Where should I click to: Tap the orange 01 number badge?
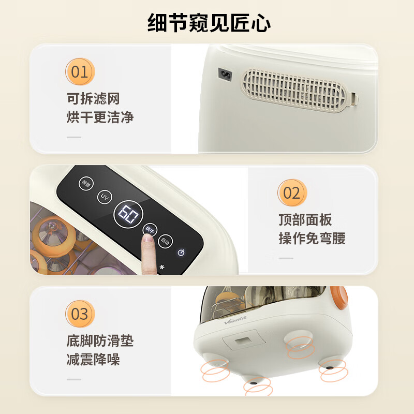(x=80, y=71)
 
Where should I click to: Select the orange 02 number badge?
(x=292, y=193)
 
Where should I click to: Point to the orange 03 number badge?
(x=80, y=314)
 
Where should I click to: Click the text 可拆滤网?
(x=93, y=98)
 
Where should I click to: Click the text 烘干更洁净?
(x=100, y=117)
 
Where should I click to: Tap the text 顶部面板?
(x=305, y=220)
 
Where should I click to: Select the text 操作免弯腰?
(x=312, y=239)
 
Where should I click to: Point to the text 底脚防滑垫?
(x=100, y=341)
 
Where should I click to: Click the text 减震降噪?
(x=93, y=360)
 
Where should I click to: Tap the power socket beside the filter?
(x=226, y=76)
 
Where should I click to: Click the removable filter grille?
(x=297, y=92)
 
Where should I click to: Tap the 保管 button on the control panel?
(x=85, y=183)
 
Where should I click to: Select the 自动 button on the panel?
(x=165, y=241)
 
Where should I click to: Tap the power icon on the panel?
(x=181, y=253)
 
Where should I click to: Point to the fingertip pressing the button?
(x=149, y=239)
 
